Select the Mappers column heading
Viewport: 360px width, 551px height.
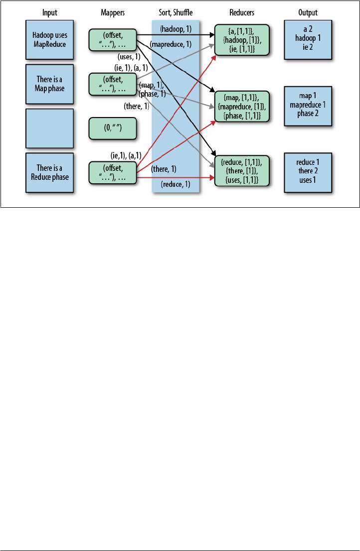coord(113,12)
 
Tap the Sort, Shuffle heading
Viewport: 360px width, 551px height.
coord(176,12)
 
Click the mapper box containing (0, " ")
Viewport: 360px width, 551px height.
coord(113,129)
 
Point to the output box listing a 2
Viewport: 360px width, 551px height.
coord(308,39)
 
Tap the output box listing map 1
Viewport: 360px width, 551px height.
coord(308,106)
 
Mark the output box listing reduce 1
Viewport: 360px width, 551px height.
coord(308,172)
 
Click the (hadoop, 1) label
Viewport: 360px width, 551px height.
coord(176,30)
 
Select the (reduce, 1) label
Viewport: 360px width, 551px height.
coord(176,185)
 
